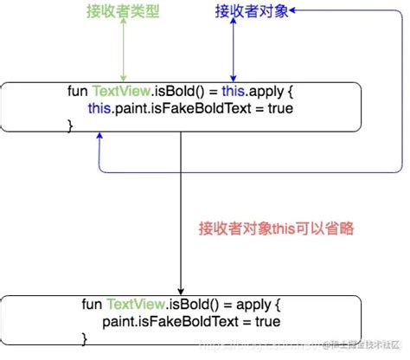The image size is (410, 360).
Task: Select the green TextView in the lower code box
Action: tap(131, 305)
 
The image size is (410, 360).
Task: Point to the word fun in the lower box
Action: tap(92, 305)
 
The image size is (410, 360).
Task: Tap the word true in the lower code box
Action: tap(266, 321)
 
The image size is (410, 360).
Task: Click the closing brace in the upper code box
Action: tap(70, 125)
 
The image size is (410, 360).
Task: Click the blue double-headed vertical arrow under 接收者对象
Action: tap(232, 52)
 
